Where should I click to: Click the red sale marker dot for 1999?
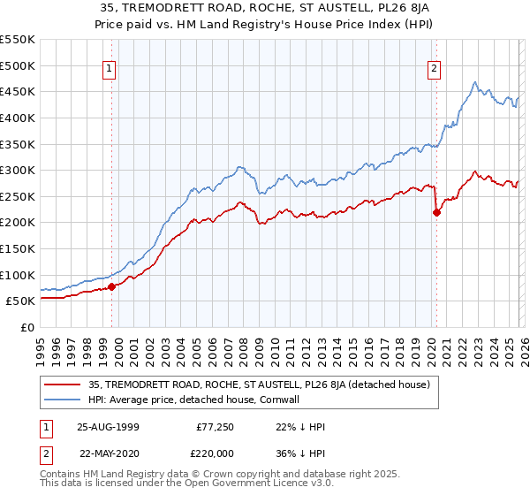[x=112, y=286]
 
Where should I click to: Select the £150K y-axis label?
[x=18, y=248]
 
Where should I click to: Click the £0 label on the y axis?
[x=28, y=327]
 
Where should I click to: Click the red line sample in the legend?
[x=62, y=385]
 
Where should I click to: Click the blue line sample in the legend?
[x=62, y=400]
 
